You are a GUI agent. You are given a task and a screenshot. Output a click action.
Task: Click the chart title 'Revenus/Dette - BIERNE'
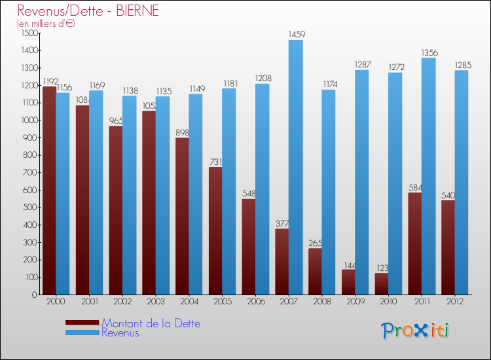88,11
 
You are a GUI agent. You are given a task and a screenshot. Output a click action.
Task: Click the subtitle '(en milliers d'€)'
46,24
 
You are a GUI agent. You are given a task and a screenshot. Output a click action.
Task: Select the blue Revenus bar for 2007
295,167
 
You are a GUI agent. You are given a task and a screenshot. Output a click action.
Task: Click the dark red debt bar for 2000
48,190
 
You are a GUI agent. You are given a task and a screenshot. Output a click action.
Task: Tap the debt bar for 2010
381,283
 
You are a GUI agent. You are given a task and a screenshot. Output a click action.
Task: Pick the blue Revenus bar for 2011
428,176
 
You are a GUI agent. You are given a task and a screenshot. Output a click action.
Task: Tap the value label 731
215,162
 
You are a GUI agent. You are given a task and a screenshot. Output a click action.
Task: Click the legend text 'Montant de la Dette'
151,323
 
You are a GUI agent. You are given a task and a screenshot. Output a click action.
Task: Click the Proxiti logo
415,331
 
